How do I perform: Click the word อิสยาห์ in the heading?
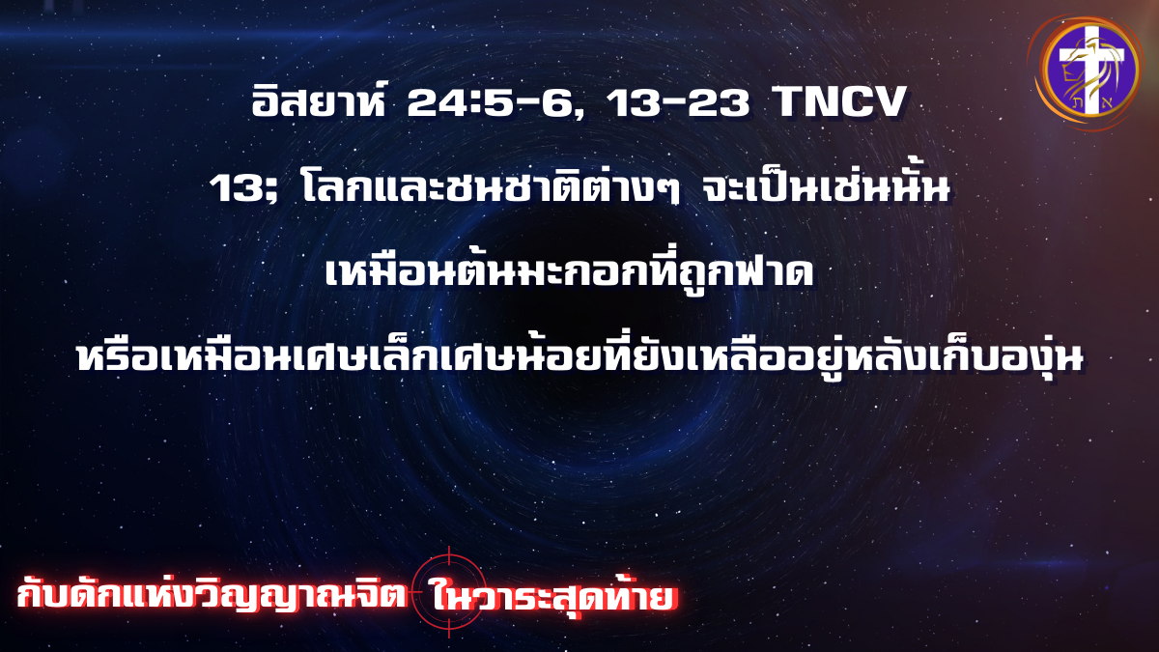point(319,100)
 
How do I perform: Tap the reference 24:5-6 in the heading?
point(495,102)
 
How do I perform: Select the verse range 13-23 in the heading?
point(678,102)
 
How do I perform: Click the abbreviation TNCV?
point(839,102)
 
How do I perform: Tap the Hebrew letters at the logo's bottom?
point(1089,105)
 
